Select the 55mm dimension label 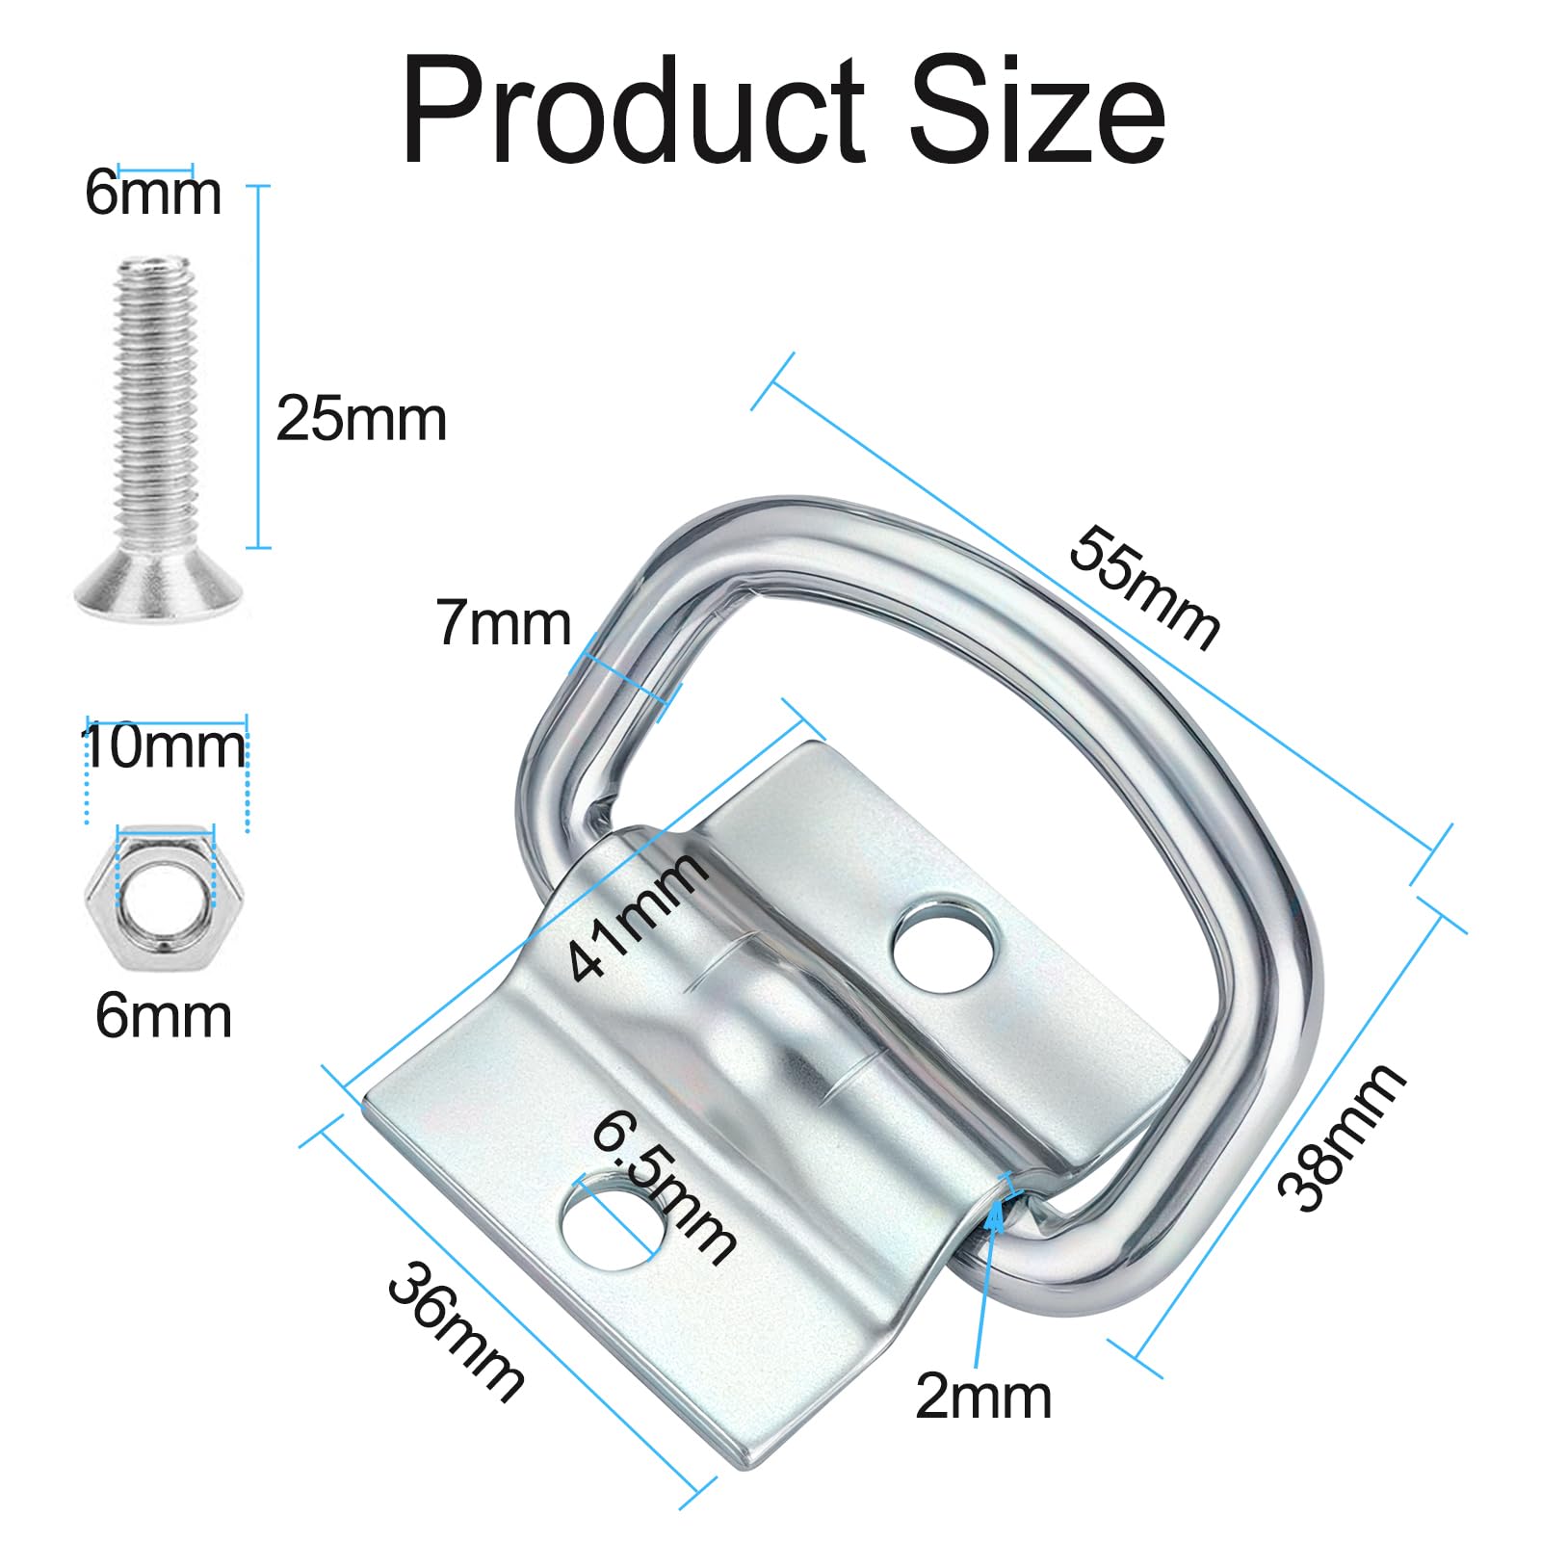click(1144, 587)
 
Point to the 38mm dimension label click(1342, 1136)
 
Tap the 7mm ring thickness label click(504, 623)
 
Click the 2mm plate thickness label click(983, 1396)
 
